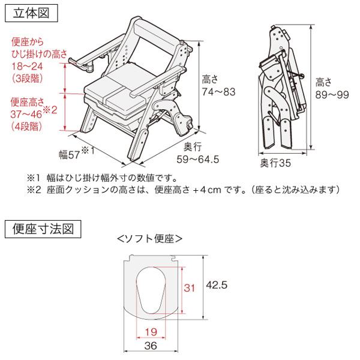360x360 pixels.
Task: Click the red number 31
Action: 190,288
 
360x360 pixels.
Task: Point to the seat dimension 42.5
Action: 216,286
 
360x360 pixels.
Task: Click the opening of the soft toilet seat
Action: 155,290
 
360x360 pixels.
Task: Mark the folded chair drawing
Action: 279,90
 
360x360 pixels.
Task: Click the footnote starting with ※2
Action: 184,190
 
